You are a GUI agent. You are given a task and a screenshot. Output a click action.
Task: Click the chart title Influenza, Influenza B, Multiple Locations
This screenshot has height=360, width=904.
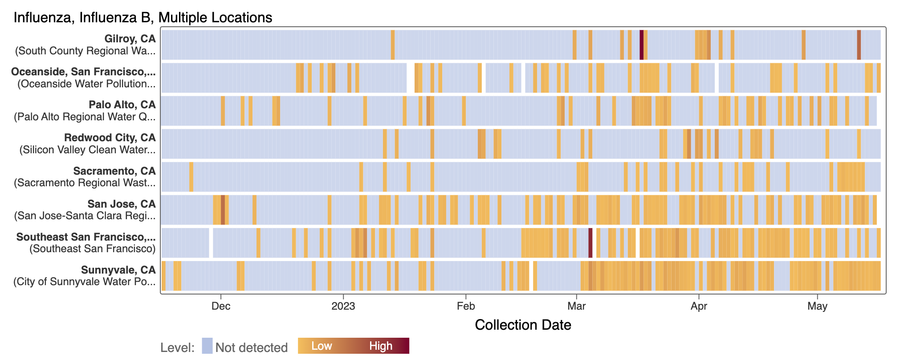(x=143, y=17)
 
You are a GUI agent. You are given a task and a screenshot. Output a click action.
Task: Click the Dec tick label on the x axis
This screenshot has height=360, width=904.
(x=221, y=306)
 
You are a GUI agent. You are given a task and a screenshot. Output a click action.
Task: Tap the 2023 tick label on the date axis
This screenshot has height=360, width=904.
(x=343, y=306)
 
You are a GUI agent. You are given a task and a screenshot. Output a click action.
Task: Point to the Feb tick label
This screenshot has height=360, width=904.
(x=466, y=306)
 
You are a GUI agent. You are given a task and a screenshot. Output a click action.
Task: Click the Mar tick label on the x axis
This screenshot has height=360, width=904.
(x=576, y=306)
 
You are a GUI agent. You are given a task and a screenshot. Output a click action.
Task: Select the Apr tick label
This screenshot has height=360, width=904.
(x=699, y=306)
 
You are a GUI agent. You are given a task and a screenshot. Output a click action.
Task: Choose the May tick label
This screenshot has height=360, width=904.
(x=818, y=306)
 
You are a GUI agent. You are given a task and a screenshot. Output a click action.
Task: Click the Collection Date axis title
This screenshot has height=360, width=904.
(x=523, y=325)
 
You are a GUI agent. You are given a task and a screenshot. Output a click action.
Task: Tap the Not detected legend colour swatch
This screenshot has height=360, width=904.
(x=207, y=346)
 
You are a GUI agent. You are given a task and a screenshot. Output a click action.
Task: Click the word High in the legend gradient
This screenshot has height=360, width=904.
(x=381, y=346)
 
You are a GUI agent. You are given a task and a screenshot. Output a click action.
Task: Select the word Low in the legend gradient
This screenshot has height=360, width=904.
(x=322, y=346)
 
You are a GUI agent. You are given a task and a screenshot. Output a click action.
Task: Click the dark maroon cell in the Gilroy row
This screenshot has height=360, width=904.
(x=641, y=45)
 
